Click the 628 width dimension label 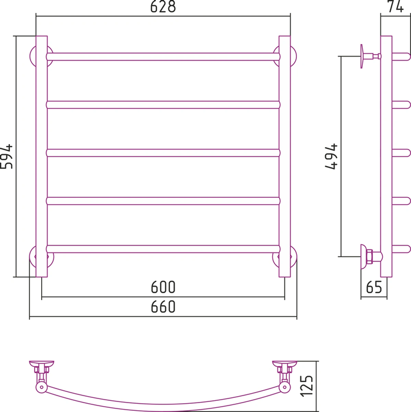163,6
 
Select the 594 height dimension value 6,157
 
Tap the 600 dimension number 163,287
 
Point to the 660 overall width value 163,307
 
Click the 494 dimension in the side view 331,157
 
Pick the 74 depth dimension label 396,6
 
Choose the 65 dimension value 374,287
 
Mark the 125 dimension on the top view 306,386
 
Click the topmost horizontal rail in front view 163,57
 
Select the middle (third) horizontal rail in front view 163,153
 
